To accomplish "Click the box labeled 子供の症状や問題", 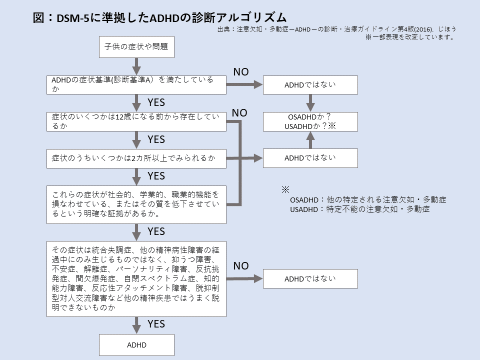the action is tap(136, 47).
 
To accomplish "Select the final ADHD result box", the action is tap(136, 344).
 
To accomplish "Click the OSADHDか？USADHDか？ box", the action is tap(310, 121).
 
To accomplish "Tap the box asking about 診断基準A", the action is tap(136, 85).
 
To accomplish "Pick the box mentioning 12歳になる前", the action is tap(136, 121).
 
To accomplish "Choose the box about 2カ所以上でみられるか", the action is tap(136, 158).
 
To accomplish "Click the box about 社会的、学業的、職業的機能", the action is tap(136, 204).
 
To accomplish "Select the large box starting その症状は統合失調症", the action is tap(136, 279).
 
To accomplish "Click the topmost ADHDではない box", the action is tap(310, 85).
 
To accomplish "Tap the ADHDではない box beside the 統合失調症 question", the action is tap(310, 278).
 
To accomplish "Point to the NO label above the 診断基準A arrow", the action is tap(241, 72).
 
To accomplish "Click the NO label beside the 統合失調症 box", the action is tap(241, 266).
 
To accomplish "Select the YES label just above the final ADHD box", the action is tap(156, 324).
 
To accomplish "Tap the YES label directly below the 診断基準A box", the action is tap(156, 102).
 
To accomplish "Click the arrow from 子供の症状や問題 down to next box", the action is tap(136, 66).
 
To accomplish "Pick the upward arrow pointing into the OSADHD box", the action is tap(310, 140).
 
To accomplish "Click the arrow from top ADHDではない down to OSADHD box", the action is tap(310, 103).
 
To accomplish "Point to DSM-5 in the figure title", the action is tap(73, 18).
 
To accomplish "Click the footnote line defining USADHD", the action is tap(360, 209).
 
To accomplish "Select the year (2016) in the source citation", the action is tap(423, 29).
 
